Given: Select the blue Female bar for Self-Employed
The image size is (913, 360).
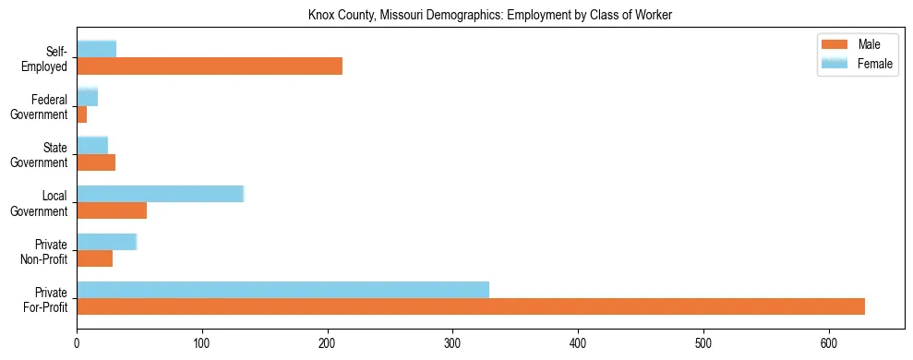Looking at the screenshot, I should point(97,49).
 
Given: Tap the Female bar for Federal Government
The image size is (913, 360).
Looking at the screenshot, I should point(88,97).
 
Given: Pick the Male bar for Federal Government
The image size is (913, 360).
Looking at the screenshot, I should point(82,114).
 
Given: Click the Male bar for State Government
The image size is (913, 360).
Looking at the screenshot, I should point(96,162).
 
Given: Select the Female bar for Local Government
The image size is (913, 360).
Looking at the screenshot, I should point(160,194).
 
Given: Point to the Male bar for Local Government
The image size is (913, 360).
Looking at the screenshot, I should point(112,210).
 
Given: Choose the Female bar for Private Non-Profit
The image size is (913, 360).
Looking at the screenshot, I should point(106,242).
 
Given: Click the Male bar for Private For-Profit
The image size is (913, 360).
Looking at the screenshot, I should point(471,306).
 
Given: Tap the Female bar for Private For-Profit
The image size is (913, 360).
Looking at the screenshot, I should point(282,290).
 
